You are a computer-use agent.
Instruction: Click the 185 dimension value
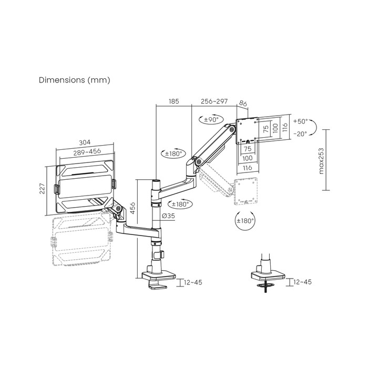[x=174, y=101]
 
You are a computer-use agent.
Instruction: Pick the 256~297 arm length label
[x=214, y=101]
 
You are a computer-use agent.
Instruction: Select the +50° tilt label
[x=301, y=120]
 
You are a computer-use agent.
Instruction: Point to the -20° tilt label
[x=301, y=134]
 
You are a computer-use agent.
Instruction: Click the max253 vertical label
[x=321, y=160]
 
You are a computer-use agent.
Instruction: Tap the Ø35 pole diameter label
[x=169, y=216]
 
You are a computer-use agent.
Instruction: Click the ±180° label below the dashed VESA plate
[x=244, y=221]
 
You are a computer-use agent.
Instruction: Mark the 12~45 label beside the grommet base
[x=301, y=282]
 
